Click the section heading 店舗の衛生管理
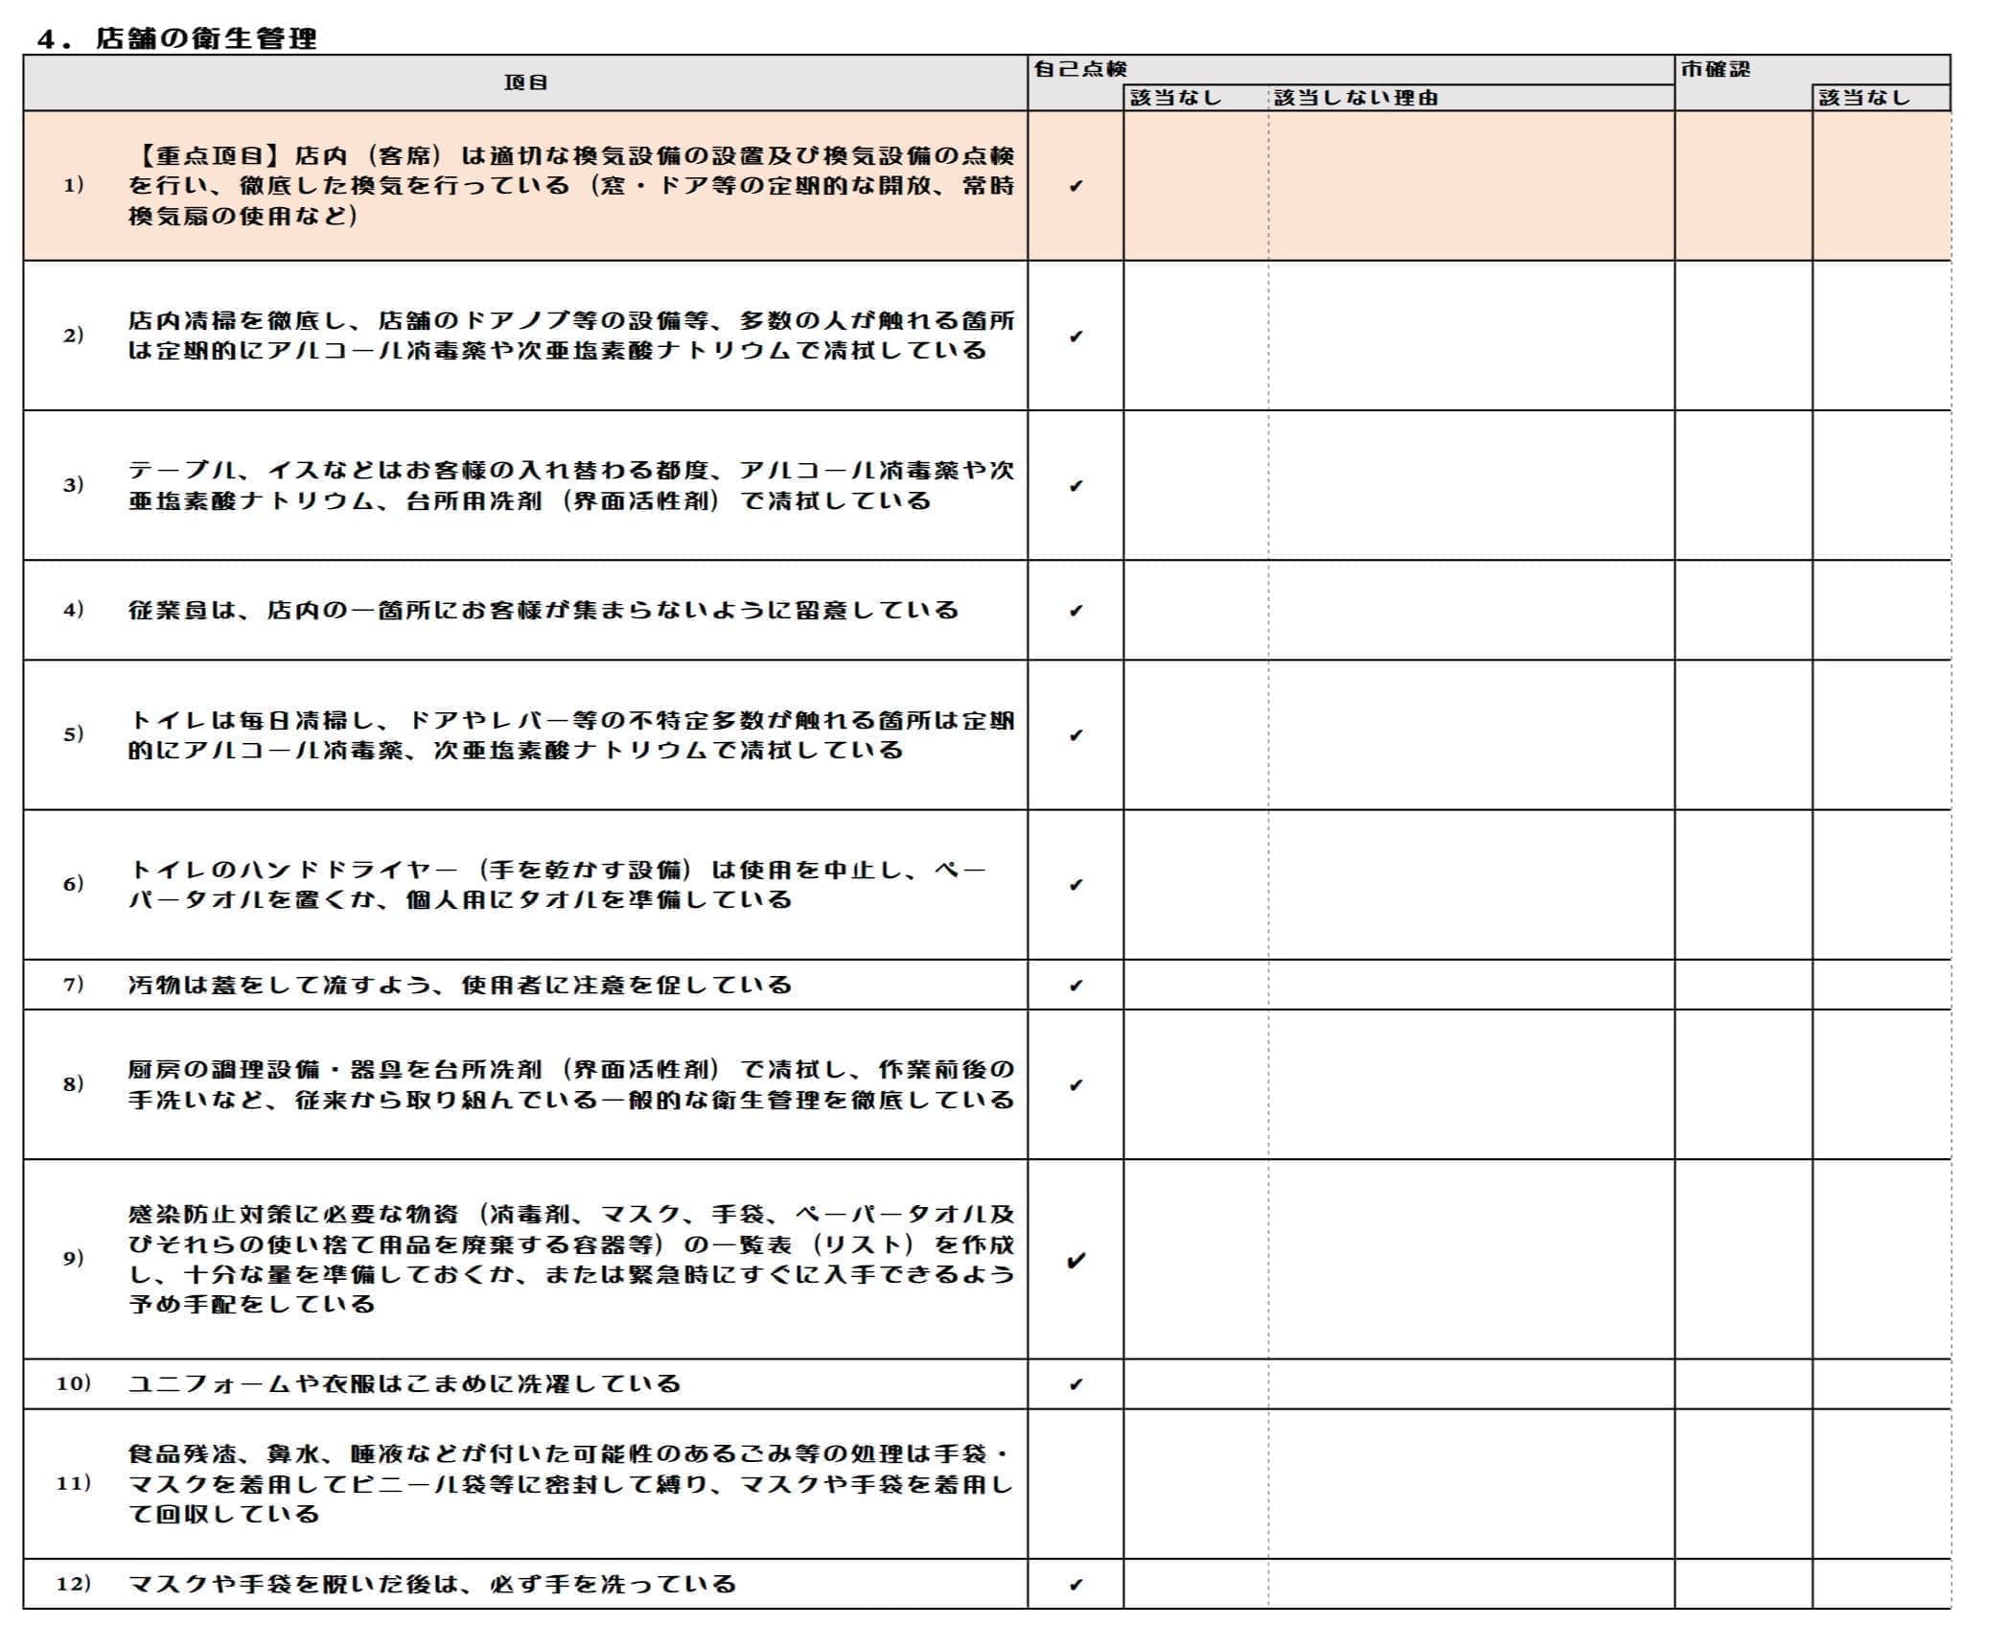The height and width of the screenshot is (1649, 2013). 205,38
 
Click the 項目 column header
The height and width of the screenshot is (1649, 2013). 525,83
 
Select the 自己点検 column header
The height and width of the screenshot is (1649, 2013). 1080,69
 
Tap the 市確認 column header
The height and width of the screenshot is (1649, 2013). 1715,69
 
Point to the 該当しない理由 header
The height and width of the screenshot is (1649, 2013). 1355,98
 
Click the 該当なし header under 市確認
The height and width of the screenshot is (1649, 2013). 1863,98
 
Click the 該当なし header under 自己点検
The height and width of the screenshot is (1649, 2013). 1176,98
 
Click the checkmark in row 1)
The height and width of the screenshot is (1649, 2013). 1076,186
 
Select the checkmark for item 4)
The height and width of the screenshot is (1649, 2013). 1076,611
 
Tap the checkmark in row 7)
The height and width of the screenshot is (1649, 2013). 1076,986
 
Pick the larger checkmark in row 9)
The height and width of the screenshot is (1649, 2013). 1076,1260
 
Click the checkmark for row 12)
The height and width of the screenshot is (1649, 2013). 1076,1584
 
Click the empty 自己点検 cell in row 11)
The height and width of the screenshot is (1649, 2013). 1076,1483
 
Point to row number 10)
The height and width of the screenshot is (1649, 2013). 73,1383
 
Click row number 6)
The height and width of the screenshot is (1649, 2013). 73,884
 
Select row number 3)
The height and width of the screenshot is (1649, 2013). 73,484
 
